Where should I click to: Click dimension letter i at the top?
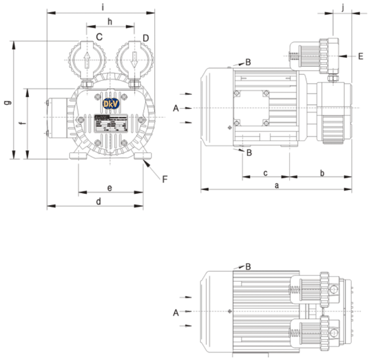tap(103, 7)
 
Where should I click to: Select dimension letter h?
tap(110, 21)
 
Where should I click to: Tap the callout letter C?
tap(99, 37)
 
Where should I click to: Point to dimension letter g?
tap(8, 102)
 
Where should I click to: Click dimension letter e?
tap(110, 188)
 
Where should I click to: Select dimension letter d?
tap(98, 201)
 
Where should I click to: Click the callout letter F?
tap(165, 179)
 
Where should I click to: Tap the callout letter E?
tap(361, 56)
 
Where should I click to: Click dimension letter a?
tap(277, 185)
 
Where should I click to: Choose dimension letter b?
tap(322, 172)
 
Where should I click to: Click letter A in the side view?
tap(176, 108)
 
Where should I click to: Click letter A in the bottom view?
tap(176, 312)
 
